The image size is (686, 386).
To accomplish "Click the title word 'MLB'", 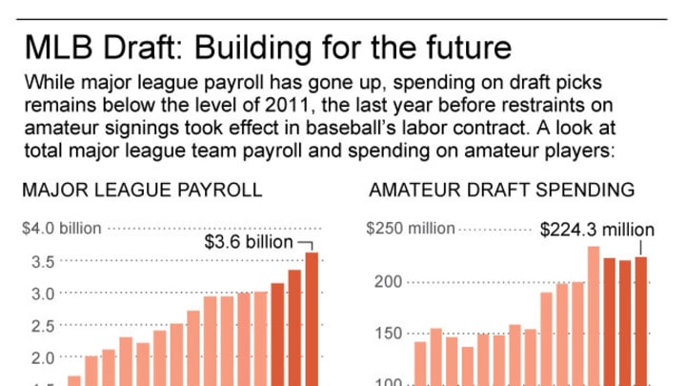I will [x=58, y=46].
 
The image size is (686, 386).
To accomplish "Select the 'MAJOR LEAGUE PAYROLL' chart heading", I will [x=142, y=190].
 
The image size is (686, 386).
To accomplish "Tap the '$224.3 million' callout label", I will [x=597, y=230].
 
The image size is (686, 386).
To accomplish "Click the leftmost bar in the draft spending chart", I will [x=420, y=363].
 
